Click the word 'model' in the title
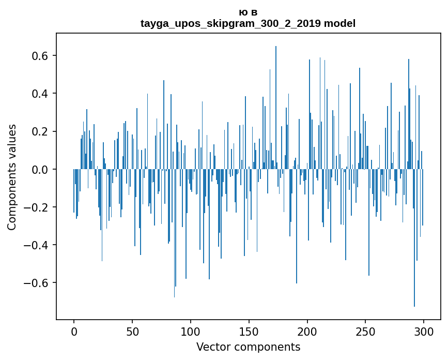(339, 23)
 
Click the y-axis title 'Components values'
(12, 177)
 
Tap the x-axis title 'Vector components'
(248, 347)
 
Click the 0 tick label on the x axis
(74, 331)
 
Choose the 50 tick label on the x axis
(132, 331)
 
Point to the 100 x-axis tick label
(191, 331)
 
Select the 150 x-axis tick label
(249, 331)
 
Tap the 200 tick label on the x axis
(307, 331)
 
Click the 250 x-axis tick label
(366, 331)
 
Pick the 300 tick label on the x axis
(424, 331)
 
